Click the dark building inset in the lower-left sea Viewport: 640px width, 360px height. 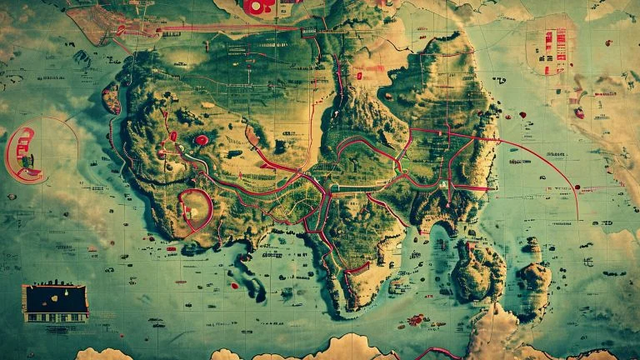pyautogui.click(x=55, y=302)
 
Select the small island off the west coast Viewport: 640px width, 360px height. pyautogui.click(x=111, y=98)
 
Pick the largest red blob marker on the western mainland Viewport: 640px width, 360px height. pyautogui.click(x=201, y=140)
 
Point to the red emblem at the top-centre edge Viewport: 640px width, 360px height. pyautogui.click(x=258, y=7)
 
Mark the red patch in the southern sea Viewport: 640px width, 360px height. pyautogui.click(x=416, y=318)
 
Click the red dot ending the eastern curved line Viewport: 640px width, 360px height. pyautogui.click(x=577, y=218)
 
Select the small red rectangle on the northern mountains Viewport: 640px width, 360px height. pyautogui.click(x=359, y=75)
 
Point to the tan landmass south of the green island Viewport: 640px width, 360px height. pyautogui.click(x=500, y=333)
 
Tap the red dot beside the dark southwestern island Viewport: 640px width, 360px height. pyautogui.click(x=234, y=286)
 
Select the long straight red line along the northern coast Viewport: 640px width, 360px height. pyautogui.click(x=225, y=30)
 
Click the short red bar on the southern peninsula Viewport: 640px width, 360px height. pyautogui.click(x=357, y=269)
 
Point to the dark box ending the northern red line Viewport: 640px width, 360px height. pyautogui.click(x=309, y=31)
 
